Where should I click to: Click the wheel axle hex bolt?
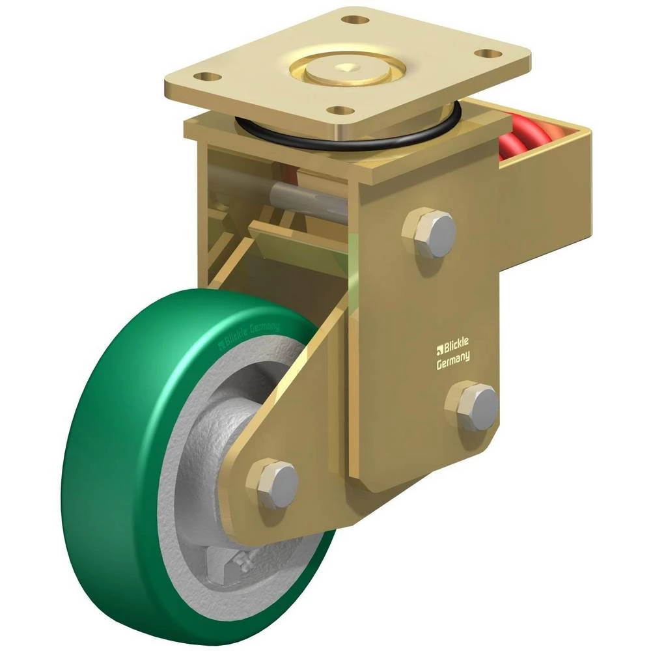tap(272, 483)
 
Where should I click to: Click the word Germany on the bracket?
tap(453, 360)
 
